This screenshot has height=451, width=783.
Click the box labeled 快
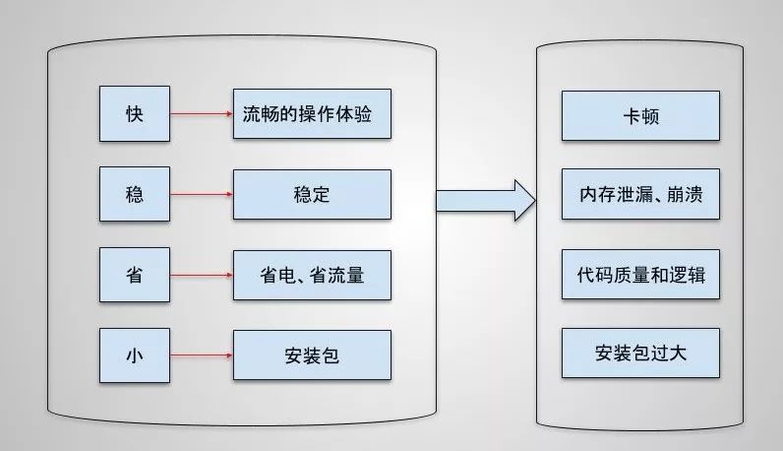(135, 113)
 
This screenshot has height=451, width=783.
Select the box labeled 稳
(135, 194)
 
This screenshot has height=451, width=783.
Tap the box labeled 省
(135, 275)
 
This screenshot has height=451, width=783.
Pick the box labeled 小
(135, 355)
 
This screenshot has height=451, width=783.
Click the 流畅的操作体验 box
(312, 113)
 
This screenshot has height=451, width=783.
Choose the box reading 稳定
(312, 194)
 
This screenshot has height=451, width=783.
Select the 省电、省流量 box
(312, 275)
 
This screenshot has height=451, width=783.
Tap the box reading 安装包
(312, 355)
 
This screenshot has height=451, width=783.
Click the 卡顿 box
(640, 115)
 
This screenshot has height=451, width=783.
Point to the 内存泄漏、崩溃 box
(640, 195)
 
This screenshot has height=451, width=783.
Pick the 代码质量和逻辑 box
(640, 275)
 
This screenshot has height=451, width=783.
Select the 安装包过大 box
(640, 354)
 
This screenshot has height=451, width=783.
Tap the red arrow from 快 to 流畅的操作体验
(202, 113)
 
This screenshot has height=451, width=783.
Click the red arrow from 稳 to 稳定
(202, 194)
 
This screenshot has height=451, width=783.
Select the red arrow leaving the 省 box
(202, 275)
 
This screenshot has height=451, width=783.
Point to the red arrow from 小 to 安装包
(202, 355)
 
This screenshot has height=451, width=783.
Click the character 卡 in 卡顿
(631, 115)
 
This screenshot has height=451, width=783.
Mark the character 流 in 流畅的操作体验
(252, 113)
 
